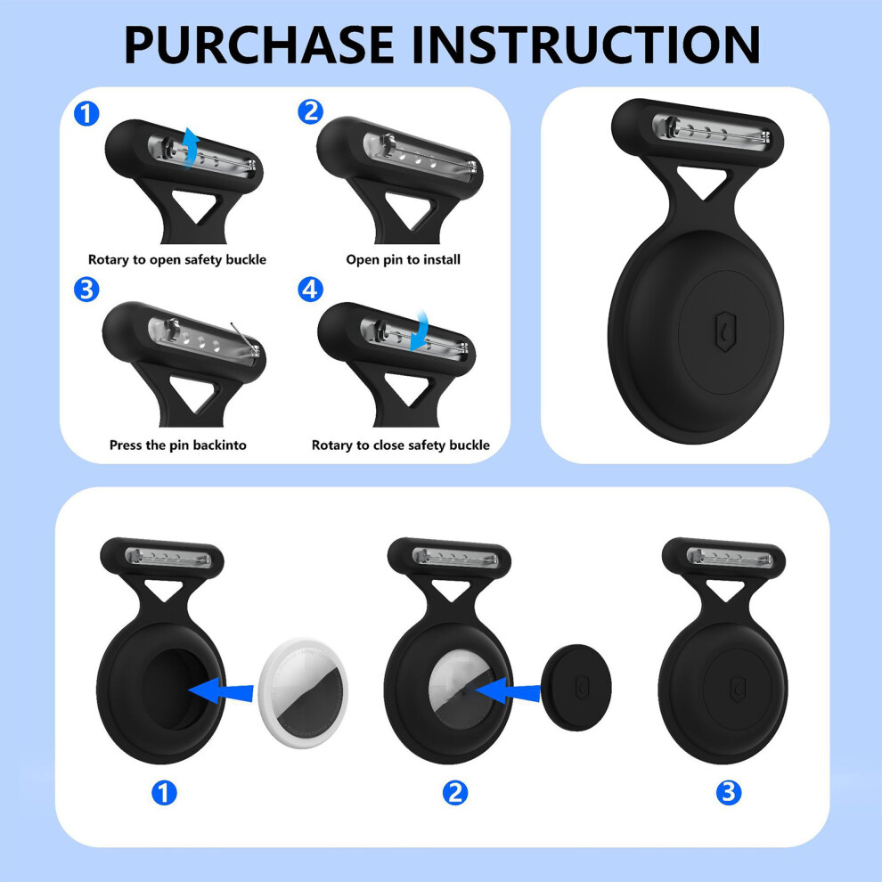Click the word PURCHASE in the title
[259, 45]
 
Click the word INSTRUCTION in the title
[587, 45]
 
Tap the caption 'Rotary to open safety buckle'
[177, 260]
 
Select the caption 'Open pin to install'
[404, 259]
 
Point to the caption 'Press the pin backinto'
[178, 445]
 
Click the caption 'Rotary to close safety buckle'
[401, 445]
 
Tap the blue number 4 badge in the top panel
[311, 290]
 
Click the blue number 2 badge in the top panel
[311, 111]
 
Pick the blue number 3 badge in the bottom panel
[729, 793]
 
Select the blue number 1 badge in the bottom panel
[164, 793]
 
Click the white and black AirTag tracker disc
[303, 684]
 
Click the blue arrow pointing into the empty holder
[221, 690]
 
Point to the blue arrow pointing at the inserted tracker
[507, 689]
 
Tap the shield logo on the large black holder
[725, 331]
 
